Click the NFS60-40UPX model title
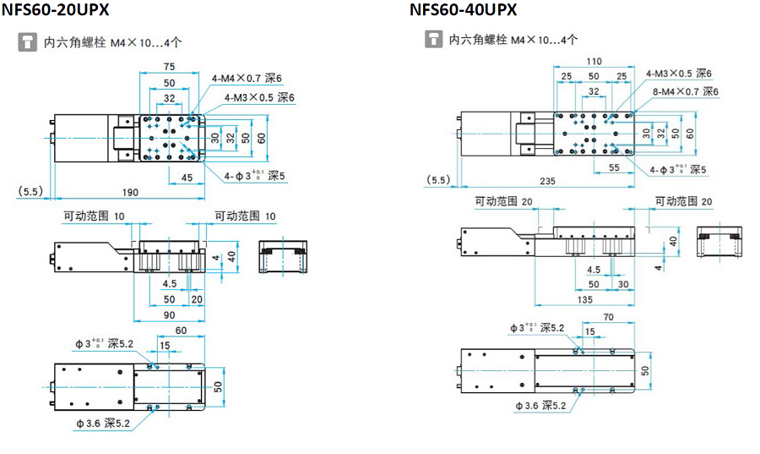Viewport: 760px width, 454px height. coord(464,11)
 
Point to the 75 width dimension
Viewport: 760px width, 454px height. coord(169,67)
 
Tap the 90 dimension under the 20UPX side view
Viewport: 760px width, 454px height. coord(169,315)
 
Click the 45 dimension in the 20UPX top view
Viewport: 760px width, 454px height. coord(187,178)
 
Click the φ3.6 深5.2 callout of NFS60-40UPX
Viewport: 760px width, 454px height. coord(540,406)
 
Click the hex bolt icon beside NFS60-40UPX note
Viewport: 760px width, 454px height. coord(434,39)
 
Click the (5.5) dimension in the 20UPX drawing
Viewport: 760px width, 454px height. coord(30,193)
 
